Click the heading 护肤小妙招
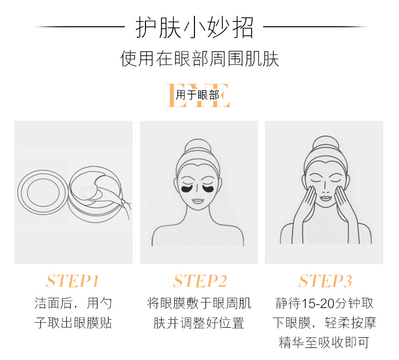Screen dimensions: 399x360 point(194,27)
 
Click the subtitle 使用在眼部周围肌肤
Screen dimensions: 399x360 point(200,59)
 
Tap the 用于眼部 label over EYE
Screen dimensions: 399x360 point(197,95)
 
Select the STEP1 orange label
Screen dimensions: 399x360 point(73,281)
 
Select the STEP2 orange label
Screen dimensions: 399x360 point(200,281)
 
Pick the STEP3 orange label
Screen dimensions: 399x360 point(325,281)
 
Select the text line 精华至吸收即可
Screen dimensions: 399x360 point(324,342)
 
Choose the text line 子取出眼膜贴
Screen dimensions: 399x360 point(73,323)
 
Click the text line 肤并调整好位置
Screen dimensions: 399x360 point(198,323)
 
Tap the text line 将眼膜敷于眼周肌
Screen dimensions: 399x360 point(199,303)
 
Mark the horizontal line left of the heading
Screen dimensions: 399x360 point(79,26)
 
